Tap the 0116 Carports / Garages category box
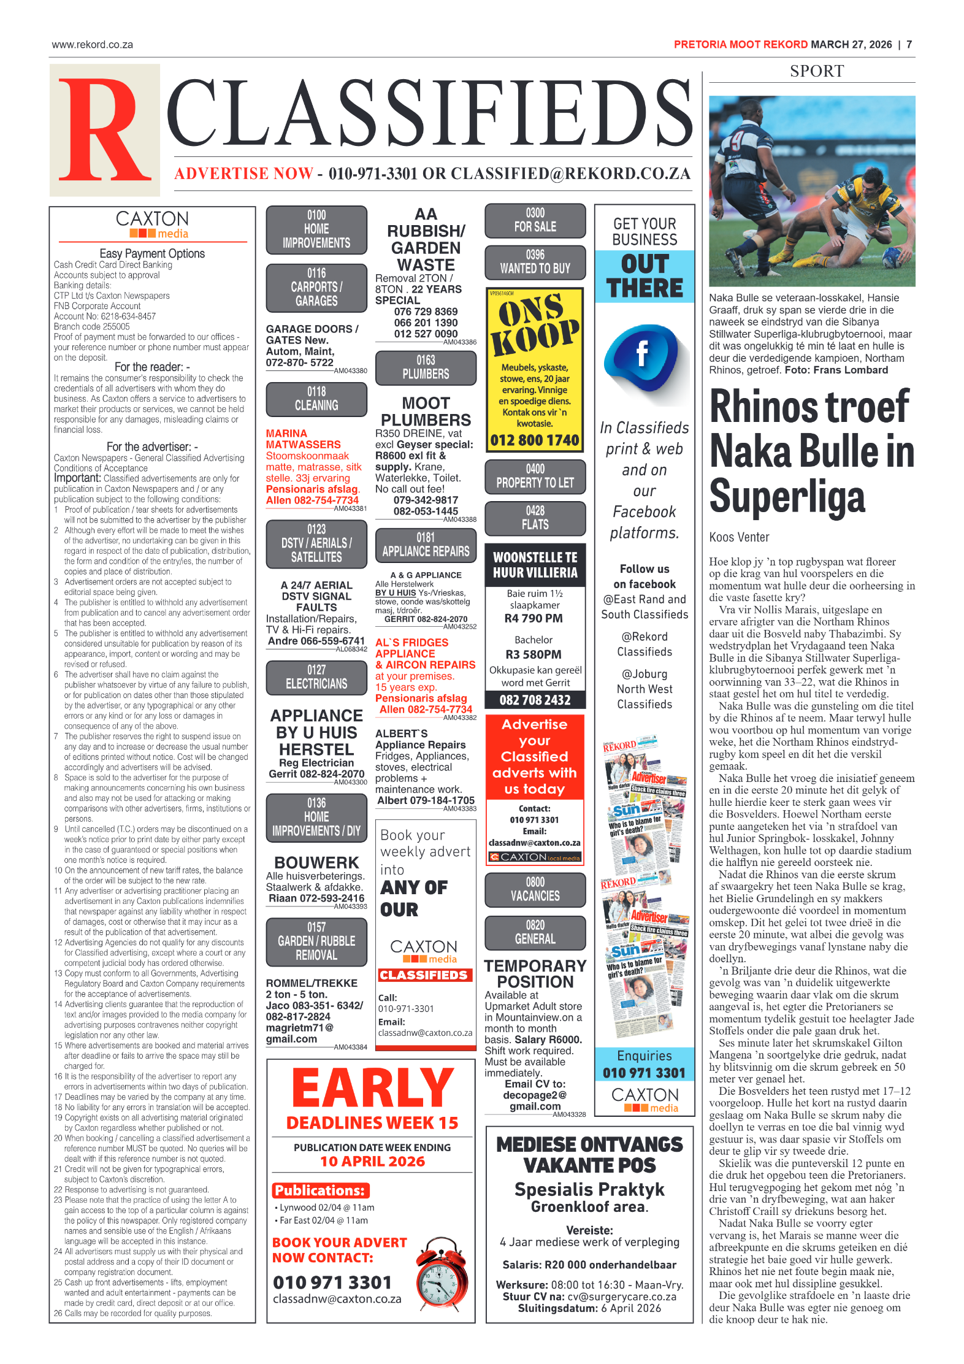click(x=316, y=287)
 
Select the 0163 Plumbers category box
click(x=426, y=367)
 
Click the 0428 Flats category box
click(x=535, y=518)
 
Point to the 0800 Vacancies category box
click(x=535, y=889)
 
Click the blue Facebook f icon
click(x=641, y=354)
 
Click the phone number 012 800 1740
click(x=535, y=440)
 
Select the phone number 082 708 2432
click(x=535, y=700)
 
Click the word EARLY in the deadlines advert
click(x=372, y=1089)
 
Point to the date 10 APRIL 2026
click(x=372, y=1162)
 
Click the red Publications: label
click(x=321, y=1190)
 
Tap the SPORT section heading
click(x=816, y=71)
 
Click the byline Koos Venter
click(x=739, y=537)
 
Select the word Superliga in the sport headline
click(x=787, y=497)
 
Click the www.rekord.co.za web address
click(x=93, y=45)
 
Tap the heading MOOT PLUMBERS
click(x=426, y=412)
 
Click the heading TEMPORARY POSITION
click(x=535, y=974)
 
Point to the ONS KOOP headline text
click(x=535, y=324)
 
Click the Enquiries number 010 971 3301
click(x=644, y=1073)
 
